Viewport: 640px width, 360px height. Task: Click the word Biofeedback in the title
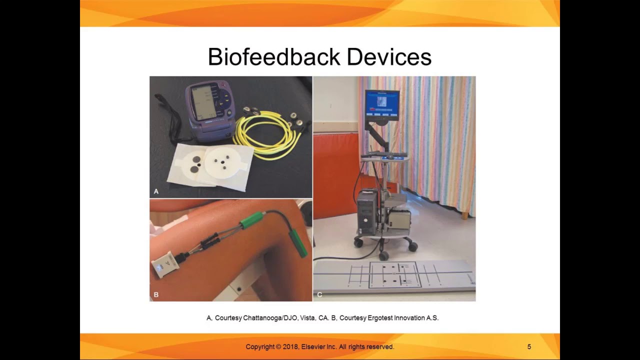[x=274, y=57]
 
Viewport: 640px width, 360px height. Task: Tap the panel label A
[x=156, y=191]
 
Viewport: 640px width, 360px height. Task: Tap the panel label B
[x=156, y=294]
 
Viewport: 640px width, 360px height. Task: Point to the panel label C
[x=319, y=294]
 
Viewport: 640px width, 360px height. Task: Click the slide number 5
[x=529, y=346]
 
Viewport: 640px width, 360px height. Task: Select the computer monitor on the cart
[x=382, y=106]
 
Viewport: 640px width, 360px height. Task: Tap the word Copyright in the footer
[x=260, y=346]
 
